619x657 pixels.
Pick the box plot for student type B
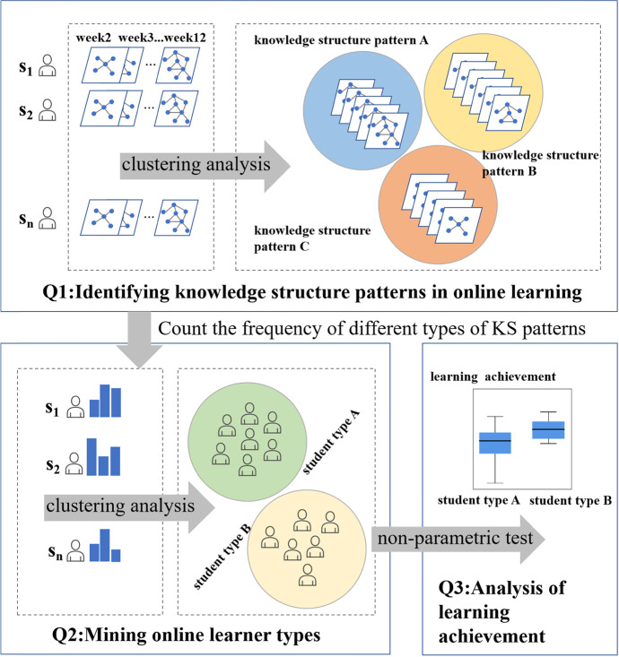point(548,429)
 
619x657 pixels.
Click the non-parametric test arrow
point(462,540)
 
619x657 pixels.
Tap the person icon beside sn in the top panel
point(47,219)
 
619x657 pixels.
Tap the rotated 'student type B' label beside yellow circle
point(210,536)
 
